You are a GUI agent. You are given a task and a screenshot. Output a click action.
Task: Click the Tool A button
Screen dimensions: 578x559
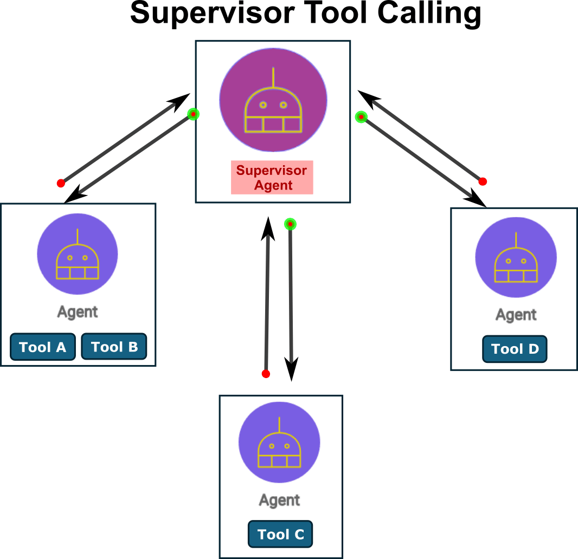click(43, 347)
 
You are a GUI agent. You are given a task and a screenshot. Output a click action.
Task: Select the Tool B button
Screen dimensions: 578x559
click(114, 346)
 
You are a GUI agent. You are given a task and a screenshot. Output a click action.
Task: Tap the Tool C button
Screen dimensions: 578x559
click(280, 534)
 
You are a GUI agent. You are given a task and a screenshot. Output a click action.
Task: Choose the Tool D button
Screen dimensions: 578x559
click(515, 349)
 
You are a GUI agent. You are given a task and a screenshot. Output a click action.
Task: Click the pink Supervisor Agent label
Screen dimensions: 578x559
click(272, 177)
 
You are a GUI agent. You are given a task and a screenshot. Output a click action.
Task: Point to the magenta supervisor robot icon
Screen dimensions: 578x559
click(273, 100)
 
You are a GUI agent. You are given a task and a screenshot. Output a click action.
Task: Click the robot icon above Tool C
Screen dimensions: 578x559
click(279, 442)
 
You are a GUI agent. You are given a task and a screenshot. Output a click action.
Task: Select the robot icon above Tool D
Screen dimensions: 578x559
click(516, 257)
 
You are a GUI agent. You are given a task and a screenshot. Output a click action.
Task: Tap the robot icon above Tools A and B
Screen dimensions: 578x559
click(78, 254)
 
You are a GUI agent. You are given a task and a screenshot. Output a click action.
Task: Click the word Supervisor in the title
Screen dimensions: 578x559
click(213, 13)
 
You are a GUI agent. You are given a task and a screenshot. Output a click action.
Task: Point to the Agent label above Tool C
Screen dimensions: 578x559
click(279, 500)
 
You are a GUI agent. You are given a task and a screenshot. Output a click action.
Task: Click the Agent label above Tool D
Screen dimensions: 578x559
click(516, 315)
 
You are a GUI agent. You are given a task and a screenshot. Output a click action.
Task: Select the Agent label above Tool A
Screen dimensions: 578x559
click(78, 312)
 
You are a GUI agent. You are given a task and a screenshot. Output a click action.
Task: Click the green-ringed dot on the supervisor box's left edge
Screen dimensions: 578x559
click(193, 114)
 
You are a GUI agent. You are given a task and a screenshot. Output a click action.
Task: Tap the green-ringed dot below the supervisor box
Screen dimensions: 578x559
click(290, 224)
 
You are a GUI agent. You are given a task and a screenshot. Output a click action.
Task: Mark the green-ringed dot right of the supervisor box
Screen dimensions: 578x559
click(361, 117)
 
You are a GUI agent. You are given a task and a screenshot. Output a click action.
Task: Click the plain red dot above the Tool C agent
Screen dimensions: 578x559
click(266, 374)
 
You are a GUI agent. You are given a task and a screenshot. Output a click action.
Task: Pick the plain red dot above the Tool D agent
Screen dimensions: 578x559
click(483, 181)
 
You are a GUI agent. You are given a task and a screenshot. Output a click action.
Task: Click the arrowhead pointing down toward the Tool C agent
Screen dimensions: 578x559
click(291, 369)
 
